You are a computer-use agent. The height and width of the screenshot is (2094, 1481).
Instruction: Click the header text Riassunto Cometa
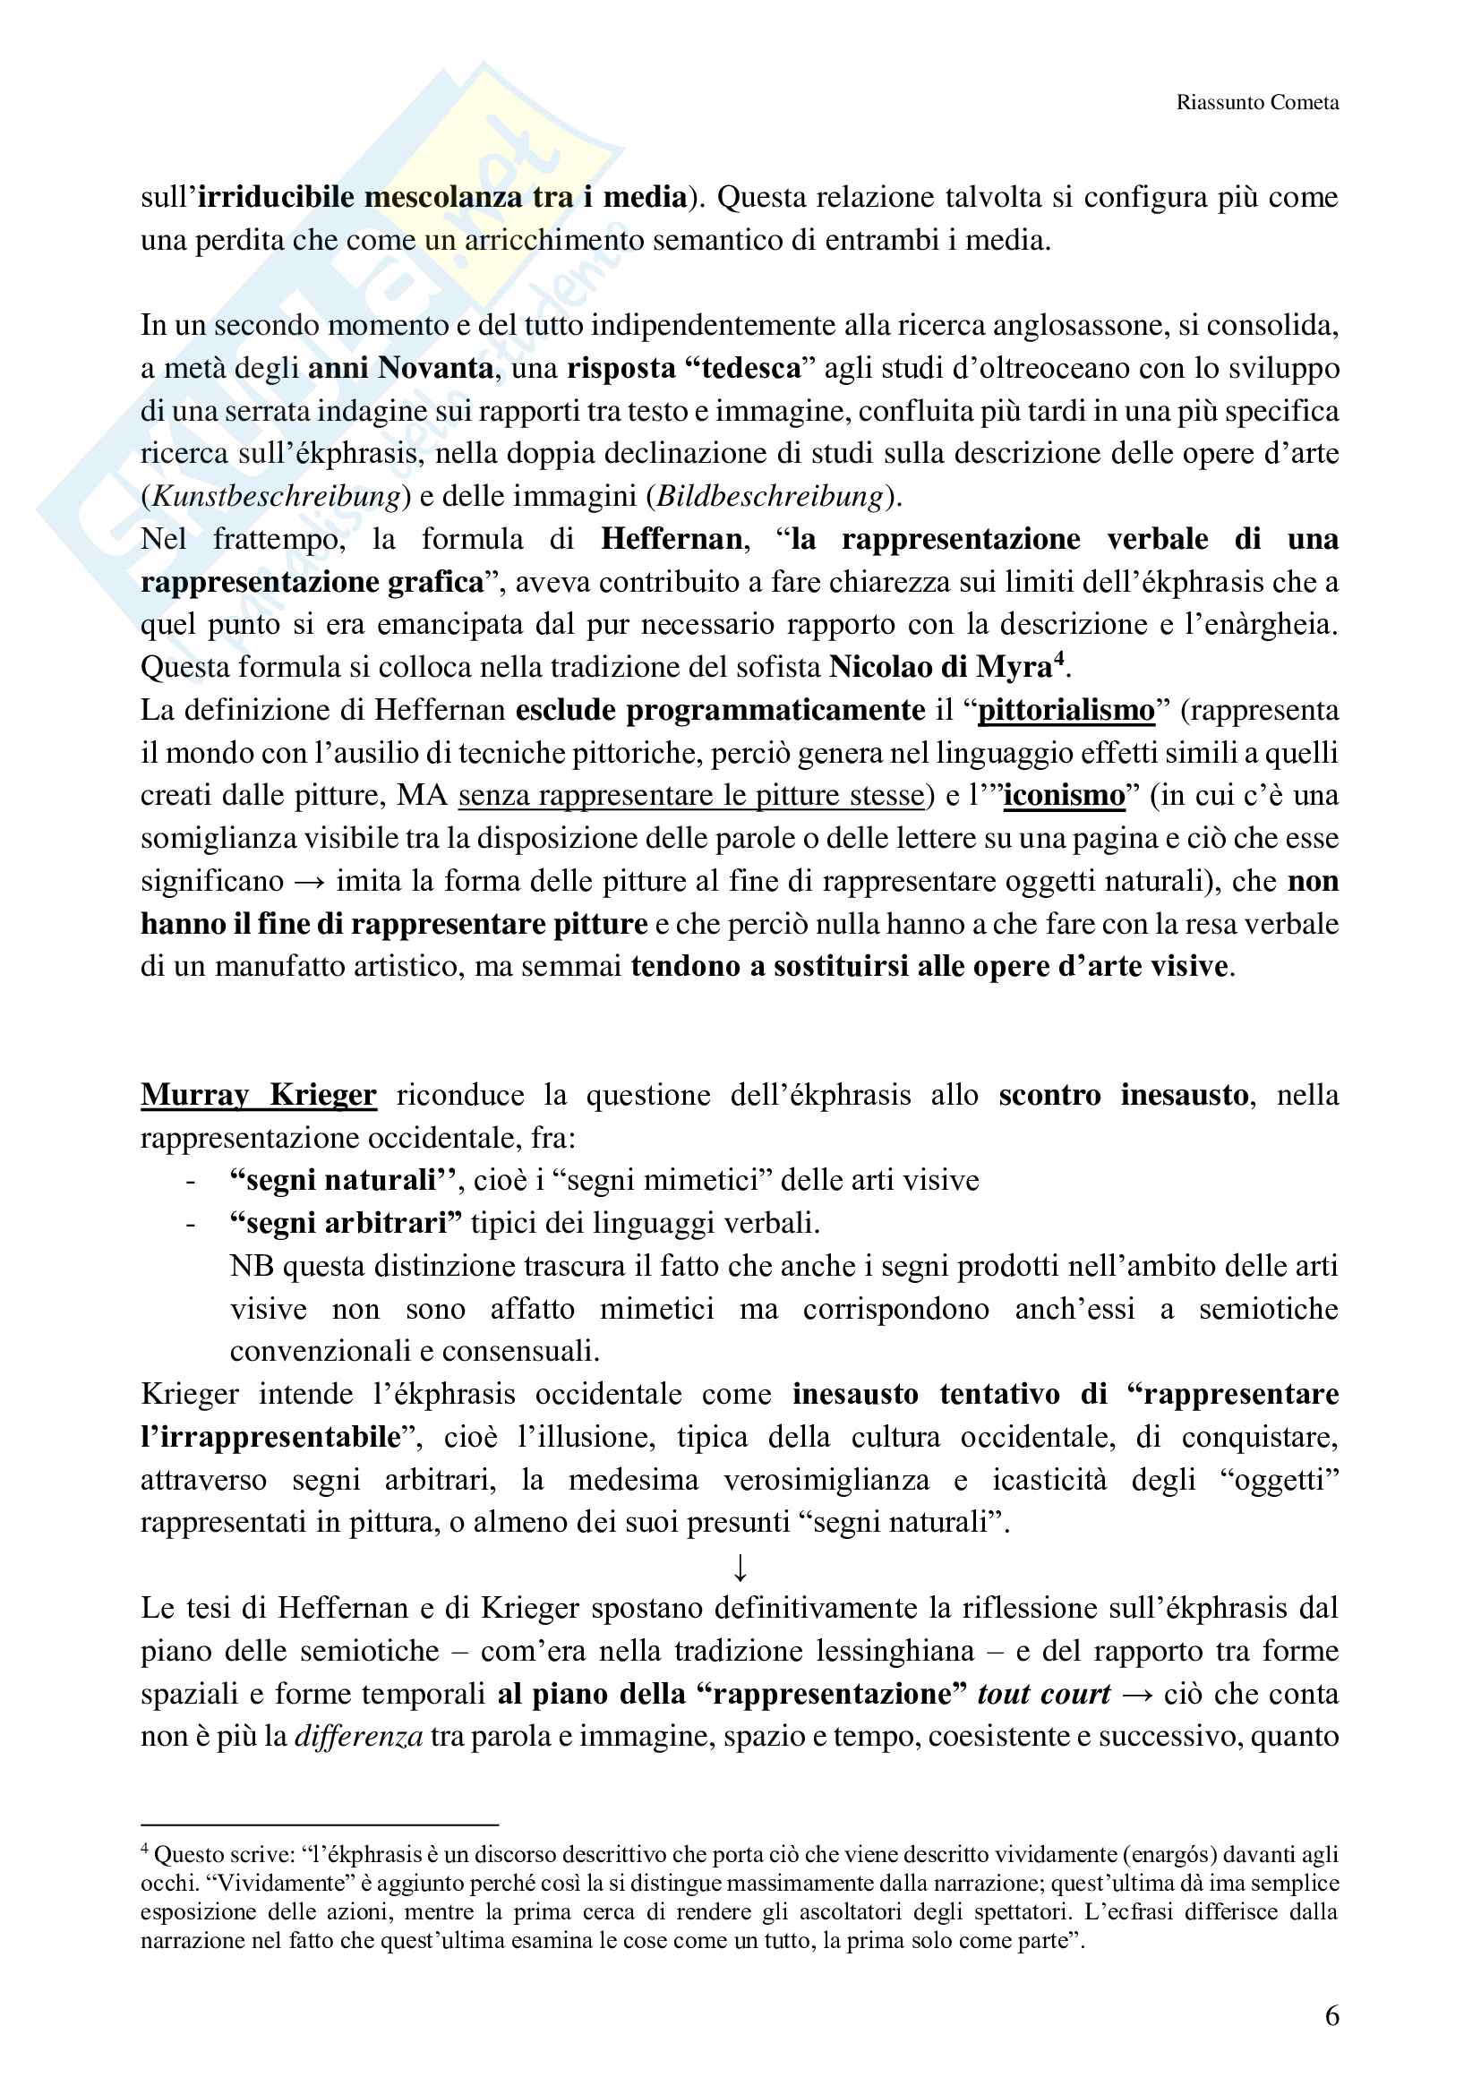pos(1256,102)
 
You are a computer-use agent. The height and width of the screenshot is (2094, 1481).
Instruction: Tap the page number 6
pos(1331,2014)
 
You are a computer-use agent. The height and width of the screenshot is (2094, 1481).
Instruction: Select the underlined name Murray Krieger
pos(258,1094)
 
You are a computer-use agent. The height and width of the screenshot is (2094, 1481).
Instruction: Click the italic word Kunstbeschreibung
pos(277,496)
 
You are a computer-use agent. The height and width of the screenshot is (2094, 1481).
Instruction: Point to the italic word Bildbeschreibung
pos(771,496)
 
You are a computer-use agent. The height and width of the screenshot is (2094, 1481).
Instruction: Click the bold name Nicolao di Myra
pos(940,668)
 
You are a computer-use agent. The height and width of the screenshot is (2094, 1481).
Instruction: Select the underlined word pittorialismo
pos(1066,711)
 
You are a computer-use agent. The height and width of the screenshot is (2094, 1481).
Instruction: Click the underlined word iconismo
pos(1065,796)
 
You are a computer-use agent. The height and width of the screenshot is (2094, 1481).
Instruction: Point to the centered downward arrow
pos(740,1568)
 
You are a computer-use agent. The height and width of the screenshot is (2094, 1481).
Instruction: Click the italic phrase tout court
pos(1043,1694)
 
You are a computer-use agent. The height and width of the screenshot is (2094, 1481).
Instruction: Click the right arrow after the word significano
pos(310,882)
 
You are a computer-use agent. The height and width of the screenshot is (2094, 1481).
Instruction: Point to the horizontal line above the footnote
pos(319,1825)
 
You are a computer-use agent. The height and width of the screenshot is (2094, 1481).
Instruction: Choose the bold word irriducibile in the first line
pos(277,197)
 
